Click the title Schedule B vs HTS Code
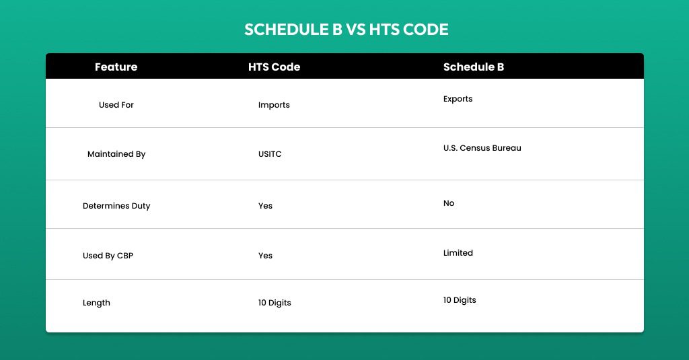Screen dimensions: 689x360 (347, 30)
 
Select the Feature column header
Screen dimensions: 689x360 (116, 67)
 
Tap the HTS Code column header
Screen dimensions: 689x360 (275, 67)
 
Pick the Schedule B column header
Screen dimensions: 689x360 (474, 67)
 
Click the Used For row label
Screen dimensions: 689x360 (116, 104)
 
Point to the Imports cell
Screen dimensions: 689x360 (274, 105)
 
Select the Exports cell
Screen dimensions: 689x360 (458, 99)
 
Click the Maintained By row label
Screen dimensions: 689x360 (116, 154)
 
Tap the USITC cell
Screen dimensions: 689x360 (270, 154)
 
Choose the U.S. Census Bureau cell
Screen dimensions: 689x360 (482, 147)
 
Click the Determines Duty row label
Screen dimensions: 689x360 (116, 206)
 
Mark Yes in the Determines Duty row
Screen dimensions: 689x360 (265, 206)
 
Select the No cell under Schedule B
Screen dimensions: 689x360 (449, 203)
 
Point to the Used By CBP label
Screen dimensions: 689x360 (108, 256)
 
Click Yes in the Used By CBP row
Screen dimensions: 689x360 (265, 256)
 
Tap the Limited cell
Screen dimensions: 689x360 (458, 253)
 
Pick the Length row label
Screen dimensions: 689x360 (96, 303)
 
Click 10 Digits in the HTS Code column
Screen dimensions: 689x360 (275, 303)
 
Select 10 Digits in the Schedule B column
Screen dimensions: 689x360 (460, 300)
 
